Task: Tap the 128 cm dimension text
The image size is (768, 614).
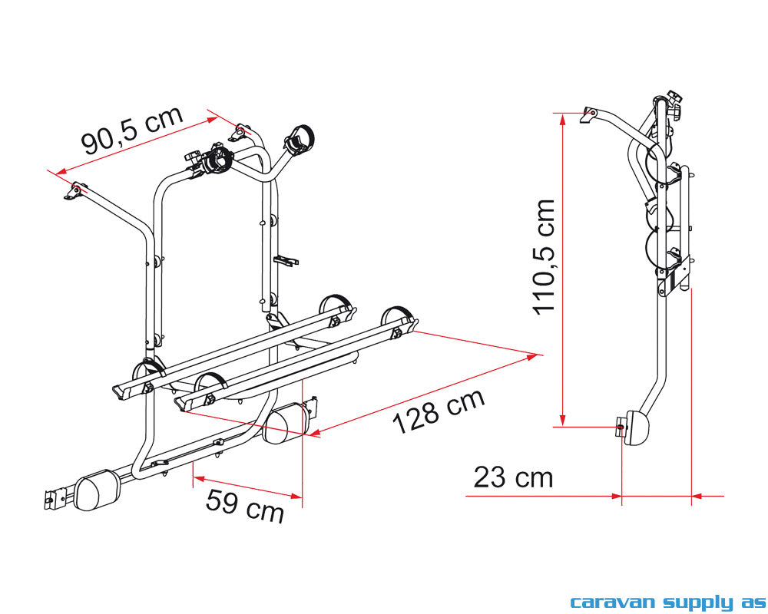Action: click(439, 411)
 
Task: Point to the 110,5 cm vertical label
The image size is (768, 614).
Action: click(544, 256)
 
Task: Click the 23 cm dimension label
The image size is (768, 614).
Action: click(513, 477)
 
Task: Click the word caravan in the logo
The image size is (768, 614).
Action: click(613, 602)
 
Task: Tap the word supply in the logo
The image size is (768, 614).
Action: click(698, 602)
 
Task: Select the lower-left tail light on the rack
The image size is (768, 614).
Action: click(97, 490)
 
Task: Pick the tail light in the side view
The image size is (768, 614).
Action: click(635, 427)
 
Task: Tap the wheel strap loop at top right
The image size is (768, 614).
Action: click(298, 139)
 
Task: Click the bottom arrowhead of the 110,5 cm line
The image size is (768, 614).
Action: click(563, 421)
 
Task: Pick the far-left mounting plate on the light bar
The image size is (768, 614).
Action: click(55, 498)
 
